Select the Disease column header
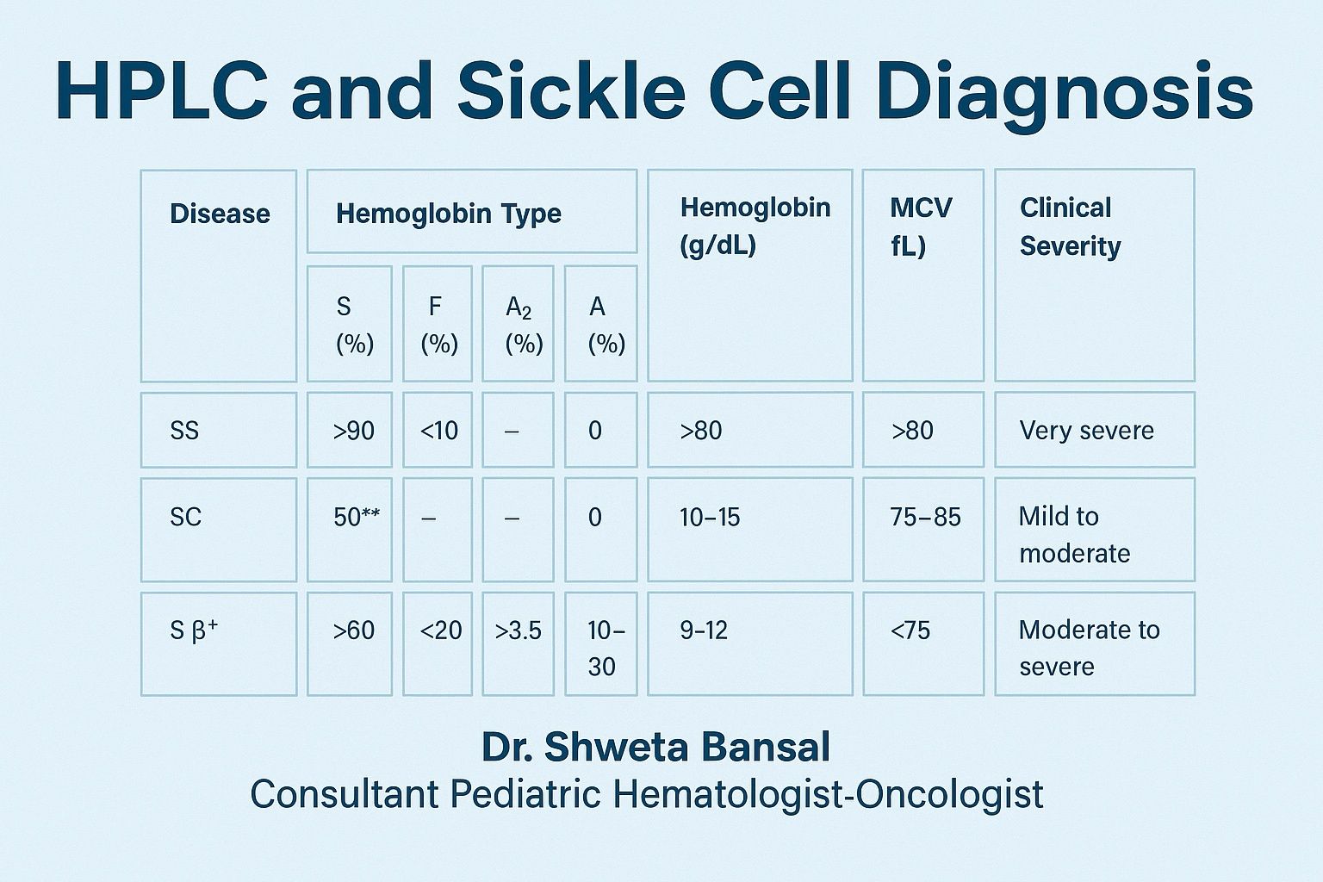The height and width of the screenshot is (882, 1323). click(x=220, y=214)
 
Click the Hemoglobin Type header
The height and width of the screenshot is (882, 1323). click(x=448, y=214)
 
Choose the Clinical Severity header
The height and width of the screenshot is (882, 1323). click(x=1070, y=227)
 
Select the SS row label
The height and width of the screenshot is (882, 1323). click(x=184, y=430)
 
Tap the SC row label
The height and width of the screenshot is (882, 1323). click(x=185, y=517)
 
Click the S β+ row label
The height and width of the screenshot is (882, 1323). click(x=194, y=629)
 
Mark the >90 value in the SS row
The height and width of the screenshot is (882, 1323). click(x=353, y=431)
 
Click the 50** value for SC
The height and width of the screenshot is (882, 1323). click(x=356, y=517)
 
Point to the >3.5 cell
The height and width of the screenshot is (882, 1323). click(x=518, y=631)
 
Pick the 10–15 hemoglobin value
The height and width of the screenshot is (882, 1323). click(x=710, y=518)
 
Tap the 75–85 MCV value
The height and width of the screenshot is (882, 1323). click(x=925, y=518)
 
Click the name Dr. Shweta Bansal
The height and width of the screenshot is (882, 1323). click(x=655, y=747)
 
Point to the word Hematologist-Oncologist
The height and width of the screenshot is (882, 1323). click(x=828, y=794)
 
